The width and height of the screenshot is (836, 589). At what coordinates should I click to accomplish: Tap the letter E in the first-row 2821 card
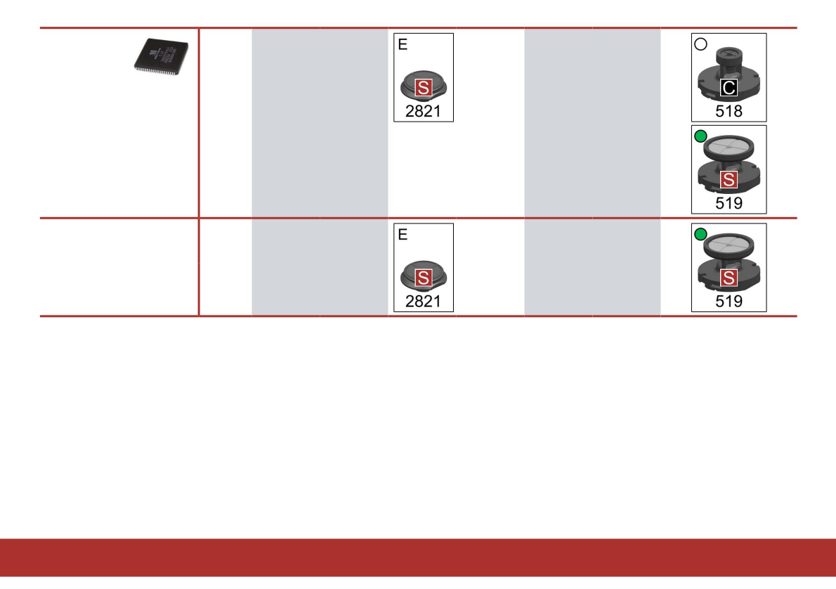point(403,44)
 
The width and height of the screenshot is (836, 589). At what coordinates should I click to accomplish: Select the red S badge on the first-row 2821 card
point(423,88)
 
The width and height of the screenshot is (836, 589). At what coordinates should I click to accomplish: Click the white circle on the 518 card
point(700,44)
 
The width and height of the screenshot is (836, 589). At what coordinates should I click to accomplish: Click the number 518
point(729,110)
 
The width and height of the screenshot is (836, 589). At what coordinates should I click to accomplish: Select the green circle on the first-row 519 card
point(700,136)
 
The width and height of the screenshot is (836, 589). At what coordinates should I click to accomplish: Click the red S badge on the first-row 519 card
point(729,180)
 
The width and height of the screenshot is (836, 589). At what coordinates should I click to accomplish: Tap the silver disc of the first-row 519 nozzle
point(729,146)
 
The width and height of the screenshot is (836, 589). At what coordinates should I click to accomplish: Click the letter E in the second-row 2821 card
point(403,235)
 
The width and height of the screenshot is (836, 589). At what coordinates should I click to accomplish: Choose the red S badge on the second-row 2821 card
point(423,279)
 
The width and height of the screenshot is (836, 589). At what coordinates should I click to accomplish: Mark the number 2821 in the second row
point(424,301)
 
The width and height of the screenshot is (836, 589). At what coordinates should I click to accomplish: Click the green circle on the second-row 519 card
point(700,234)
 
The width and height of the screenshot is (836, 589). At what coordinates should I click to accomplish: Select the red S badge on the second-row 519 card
point(729,279)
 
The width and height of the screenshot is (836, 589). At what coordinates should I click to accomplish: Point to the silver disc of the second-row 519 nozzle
point(729,245)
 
